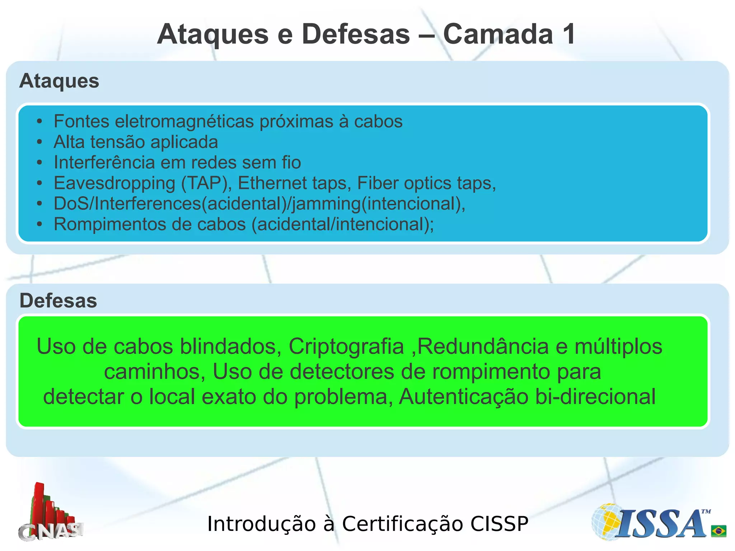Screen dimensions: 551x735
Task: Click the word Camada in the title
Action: pyautogui.click(x=498, y=34)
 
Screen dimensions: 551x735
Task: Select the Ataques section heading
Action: pyautogui.click(x=59, y=81)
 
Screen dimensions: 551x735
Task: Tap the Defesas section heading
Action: pyautogui.click(x=58, y=301)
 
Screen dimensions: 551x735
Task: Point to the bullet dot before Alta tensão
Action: pyautogui.click(x=39, y=142)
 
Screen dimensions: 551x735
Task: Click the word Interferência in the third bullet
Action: pyautogui.click(x=104, y=163)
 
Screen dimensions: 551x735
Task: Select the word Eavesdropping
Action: pyautogui.click(x=114, y=183)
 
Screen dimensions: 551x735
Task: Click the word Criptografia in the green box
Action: pyautogui.click(x=346, y=347)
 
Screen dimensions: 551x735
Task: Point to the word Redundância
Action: pyautogui.click(x=483, y=347)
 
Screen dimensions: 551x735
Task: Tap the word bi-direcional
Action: pyautogui.click(x=595, y=397)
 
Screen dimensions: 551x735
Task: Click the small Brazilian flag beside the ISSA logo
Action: pyautogui.click(x=718, y=531)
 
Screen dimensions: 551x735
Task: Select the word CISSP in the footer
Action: pyautogui.click(x=499, y=524)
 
